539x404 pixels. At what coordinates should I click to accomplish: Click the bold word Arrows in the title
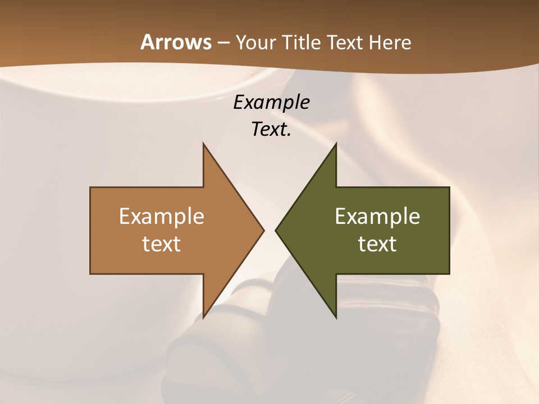175,42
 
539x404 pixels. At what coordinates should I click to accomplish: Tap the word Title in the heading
304,42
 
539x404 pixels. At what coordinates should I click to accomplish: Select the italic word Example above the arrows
272,102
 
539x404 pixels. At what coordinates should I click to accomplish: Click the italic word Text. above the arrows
272,129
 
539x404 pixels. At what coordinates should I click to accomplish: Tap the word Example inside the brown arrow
162,216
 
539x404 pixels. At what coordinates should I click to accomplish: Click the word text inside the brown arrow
162,244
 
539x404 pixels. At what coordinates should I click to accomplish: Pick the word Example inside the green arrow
377,216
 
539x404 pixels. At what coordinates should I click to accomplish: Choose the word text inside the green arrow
377,244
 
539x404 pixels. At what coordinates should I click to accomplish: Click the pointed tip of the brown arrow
262,230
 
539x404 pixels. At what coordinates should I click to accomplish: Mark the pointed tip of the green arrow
277,230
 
